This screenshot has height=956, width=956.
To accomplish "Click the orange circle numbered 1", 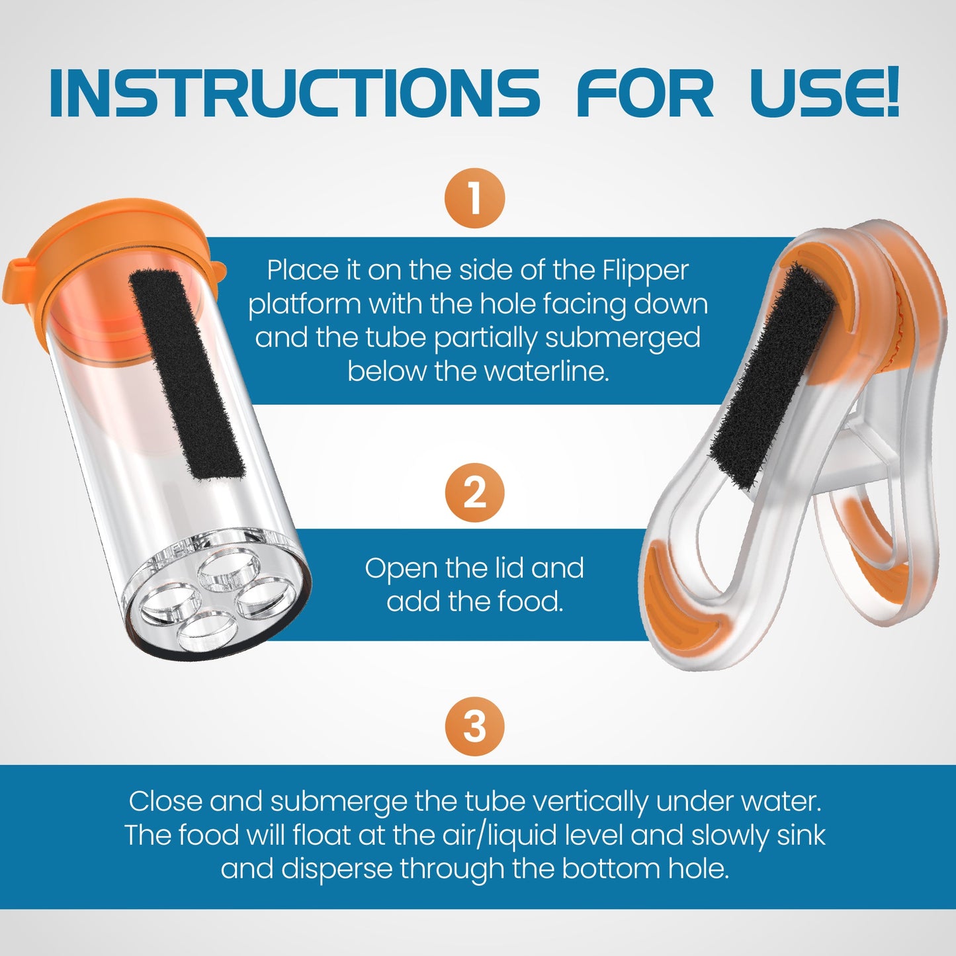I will tap(474, 198).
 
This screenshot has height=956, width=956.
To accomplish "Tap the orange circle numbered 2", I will tap(474, 493).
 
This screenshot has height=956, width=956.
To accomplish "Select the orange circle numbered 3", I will tap(474, 726).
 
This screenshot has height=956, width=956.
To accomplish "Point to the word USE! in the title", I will tap(824, 94).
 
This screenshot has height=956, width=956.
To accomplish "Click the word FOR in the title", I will tap(645, 94).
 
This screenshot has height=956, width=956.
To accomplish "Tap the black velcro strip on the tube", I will tap(187, 374).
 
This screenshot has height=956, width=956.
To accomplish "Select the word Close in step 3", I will tap(165, 802).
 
